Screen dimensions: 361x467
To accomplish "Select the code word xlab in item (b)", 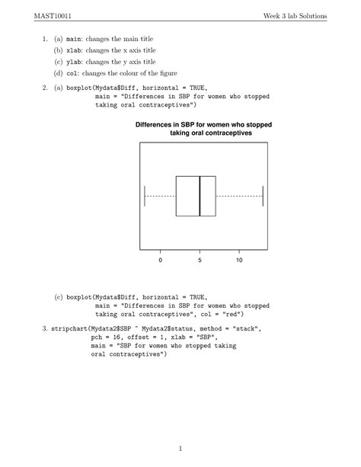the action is (74, 49).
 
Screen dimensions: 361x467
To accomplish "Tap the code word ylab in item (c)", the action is (74, 61).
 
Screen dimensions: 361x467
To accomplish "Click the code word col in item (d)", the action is (72, 73).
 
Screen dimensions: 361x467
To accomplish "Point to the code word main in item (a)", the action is (74, 37).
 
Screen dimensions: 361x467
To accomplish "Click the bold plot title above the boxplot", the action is (203, 128).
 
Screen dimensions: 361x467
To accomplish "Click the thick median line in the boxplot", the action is (200, 196).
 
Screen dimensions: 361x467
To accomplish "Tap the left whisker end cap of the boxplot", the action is (145, 196).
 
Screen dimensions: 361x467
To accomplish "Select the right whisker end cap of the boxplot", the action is (262, 196).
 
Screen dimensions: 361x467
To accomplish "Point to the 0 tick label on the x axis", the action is (161, 261).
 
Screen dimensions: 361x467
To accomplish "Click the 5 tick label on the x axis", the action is (200, 261).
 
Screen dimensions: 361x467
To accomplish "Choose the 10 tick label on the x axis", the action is (239, 261).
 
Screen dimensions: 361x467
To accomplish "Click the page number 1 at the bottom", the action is (180, 448).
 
